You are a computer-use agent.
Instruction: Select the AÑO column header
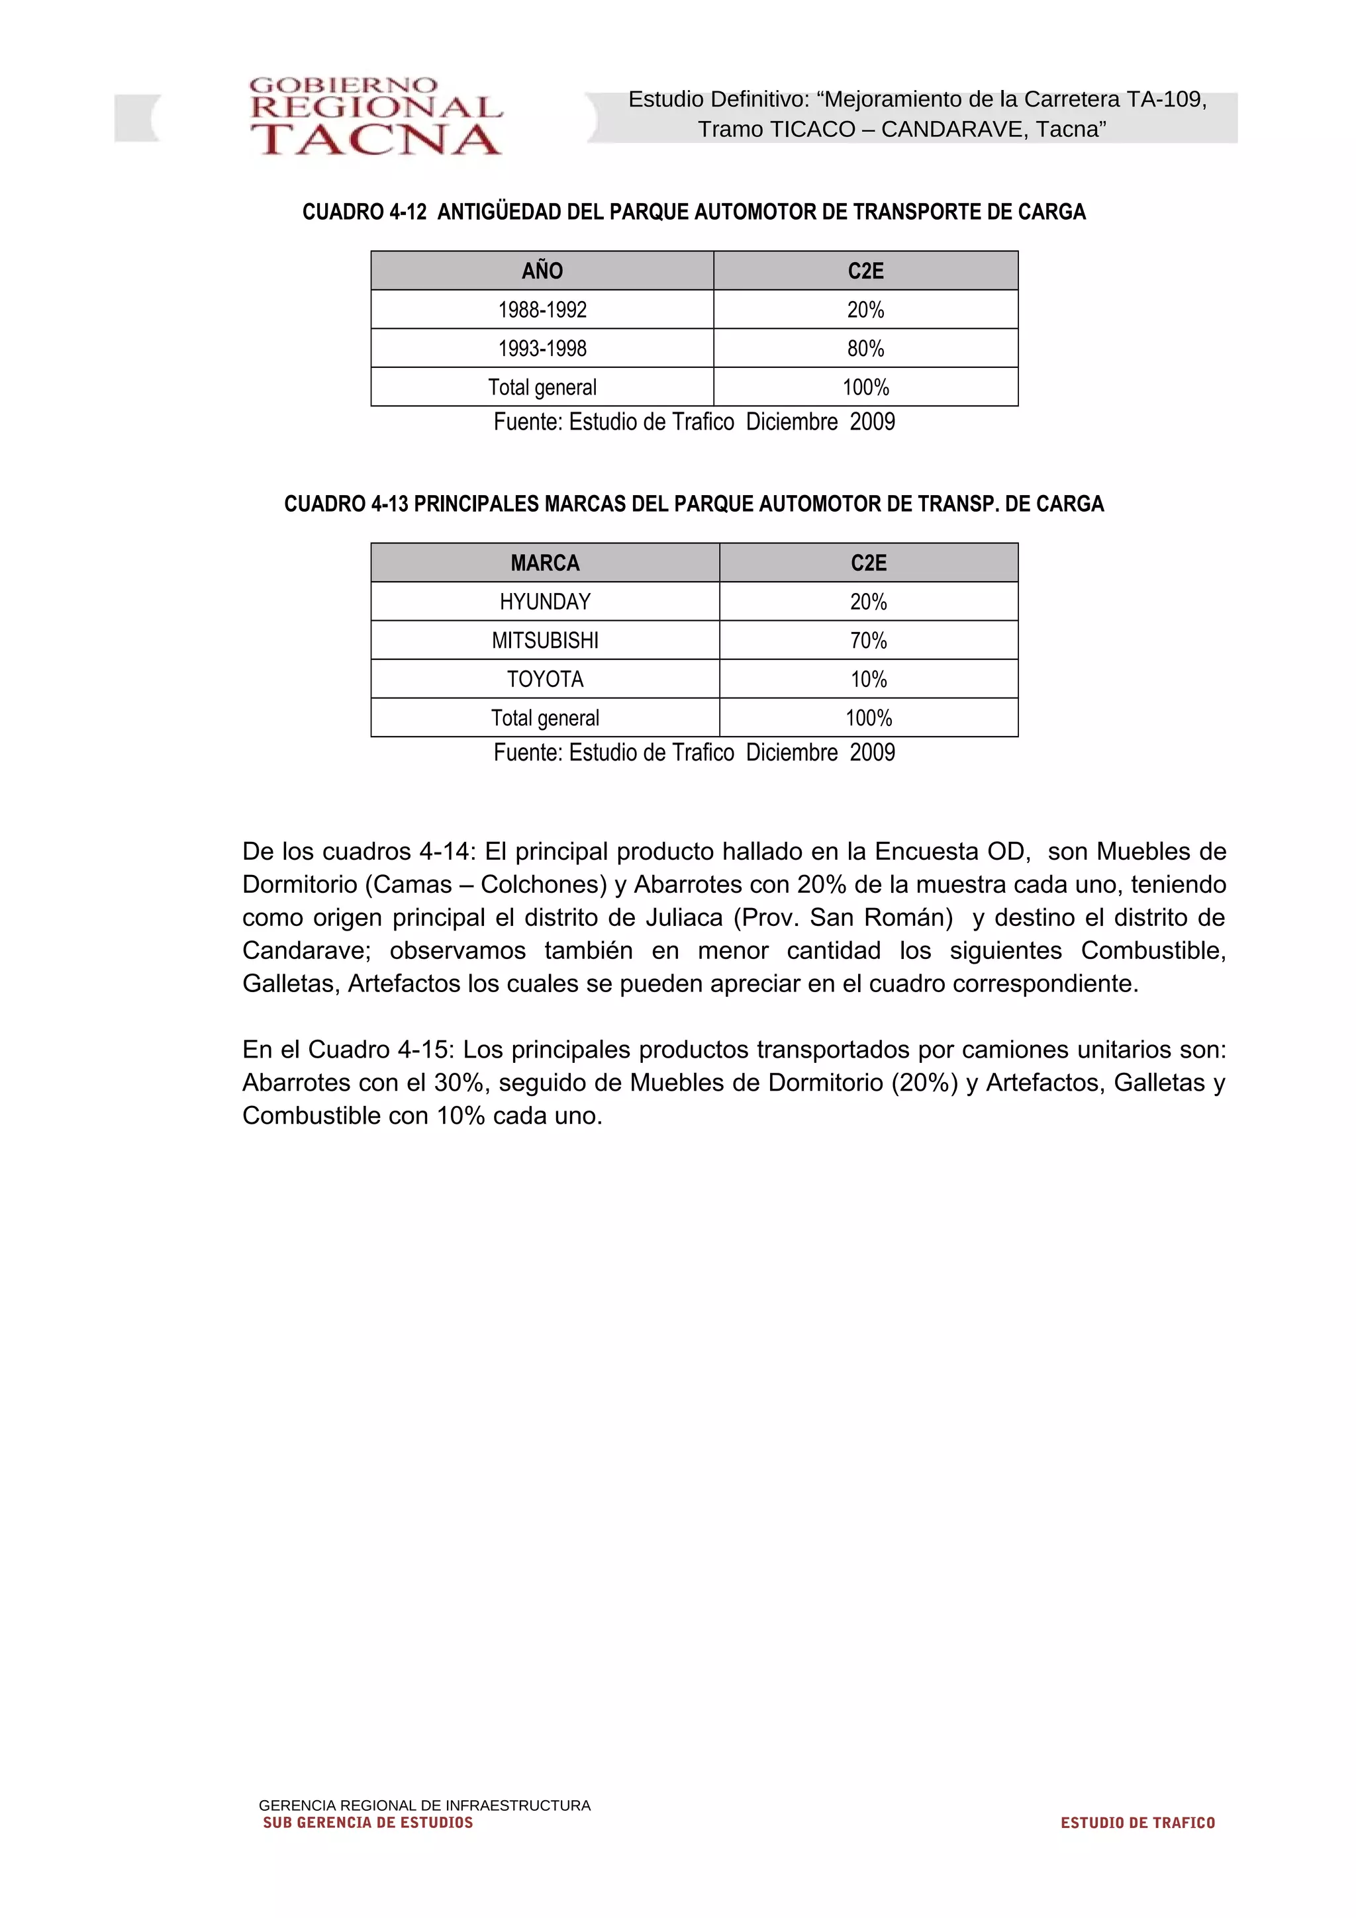[542, 271]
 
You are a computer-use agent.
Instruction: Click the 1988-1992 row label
[542, 310]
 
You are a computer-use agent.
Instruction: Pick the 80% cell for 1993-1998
[865, 348]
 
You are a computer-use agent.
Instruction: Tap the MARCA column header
[545, 563]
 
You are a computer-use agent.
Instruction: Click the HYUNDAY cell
[545, 602]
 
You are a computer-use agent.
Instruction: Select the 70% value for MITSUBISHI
[868, 641]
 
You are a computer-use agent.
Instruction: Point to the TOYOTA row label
[545, 679]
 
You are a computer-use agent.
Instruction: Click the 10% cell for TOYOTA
[868, 679]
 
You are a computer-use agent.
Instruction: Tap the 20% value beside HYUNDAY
[868, 602]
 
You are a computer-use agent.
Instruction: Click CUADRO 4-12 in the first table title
[364, 212]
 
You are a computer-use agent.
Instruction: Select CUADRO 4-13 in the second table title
[346, 504]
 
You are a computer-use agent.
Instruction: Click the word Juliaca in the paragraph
[683, 917]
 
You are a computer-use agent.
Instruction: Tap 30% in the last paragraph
[458, 1083]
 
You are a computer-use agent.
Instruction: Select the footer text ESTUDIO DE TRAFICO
[1137, 1823]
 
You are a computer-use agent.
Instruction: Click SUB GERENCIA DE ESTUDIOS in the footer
[367, 1823]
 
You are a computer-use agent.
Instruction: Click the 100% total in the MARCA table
[868, 718]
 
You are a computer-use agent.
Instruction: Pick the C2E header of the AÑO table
[865, 271]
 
